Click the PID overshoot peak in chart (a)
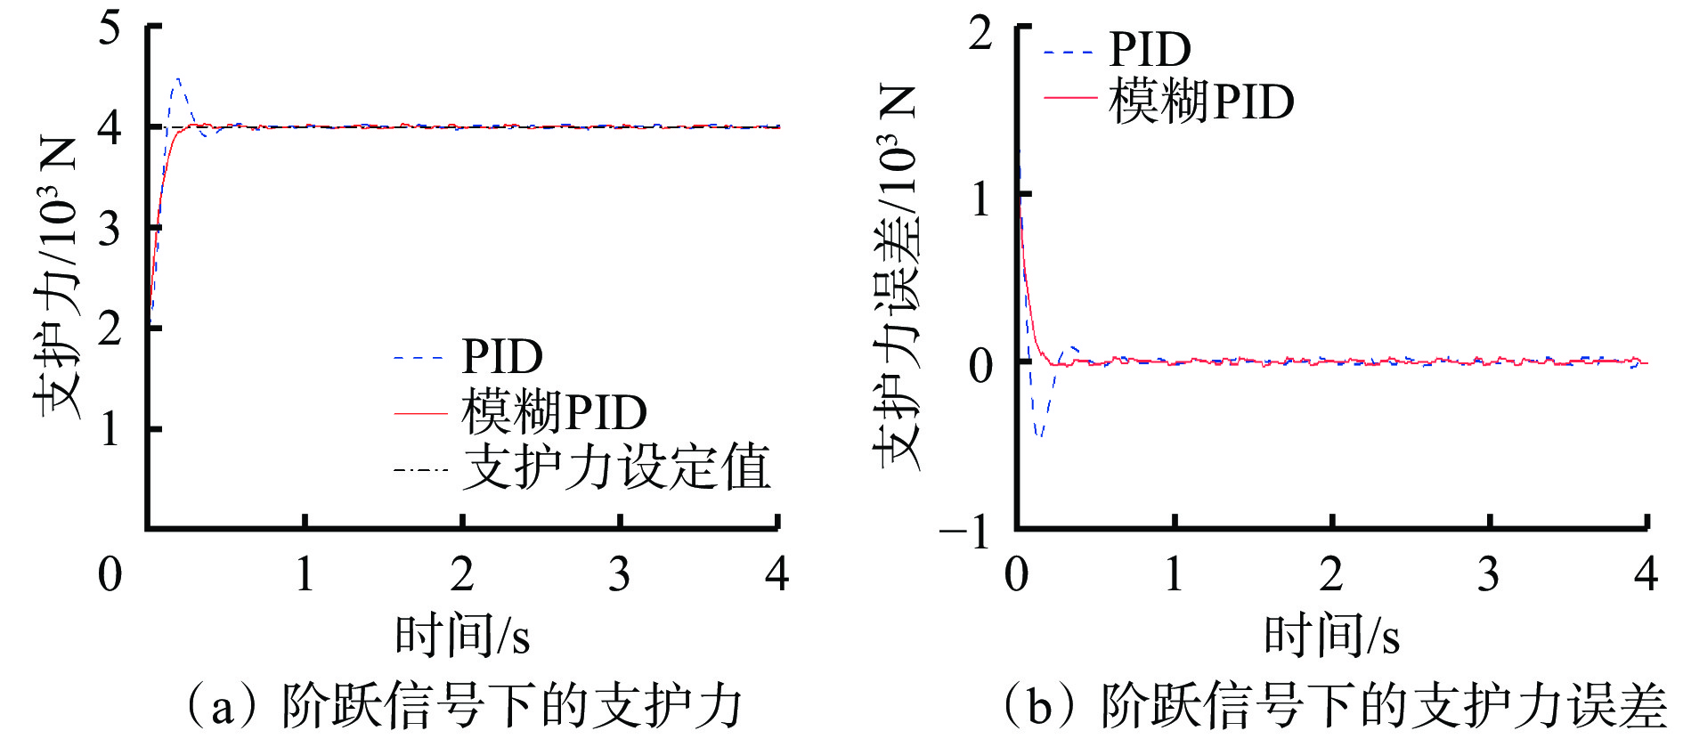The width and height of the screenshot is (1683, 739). tap(178, 79)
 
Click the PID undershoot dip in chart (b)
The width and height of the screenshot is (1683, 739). tap(1039, 434)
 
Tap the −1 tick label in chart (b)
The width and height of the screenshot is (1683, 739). tap(966, 532)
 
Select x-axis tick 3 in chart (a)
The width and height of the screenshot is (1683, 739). tap(619, 574)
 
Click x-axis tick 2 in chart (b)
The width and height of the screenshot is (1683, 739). tap(1331, 574)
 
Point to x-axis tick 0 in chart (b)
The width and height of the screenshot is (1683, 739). tap(1016, 574)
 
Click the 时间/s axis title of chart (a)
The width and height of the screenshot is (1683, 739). tap(462, 636)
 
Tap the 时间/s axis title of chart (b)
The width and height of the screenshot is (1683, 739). tap(1331, 636)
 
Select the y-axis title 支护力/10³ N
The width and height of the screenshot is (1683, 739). tap(58, 276)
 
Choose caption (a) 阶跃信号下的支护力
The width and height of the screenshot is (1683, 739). tap(462, 706)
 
